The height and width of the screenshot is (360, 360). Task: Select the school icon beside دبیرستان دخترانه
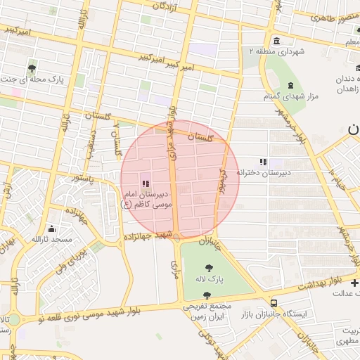pos(264,162)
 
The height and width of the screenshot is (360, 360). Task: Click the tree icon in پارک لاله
pos(208,267)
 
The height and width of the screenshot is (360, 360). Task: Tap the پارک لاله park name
pos(210,280)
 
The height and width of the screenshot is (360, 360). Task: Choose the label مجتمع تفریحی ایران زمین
pos(208,312)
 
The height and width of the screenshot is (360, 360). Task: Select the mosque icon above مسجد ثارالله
pos(51,229)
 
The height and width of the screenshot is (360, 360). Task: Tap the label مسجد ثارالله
pos(52,240)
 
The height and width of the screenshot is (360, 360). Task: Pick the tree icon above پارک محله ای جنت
pos(32,68)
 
